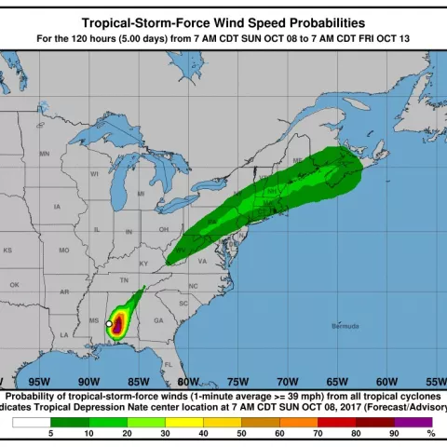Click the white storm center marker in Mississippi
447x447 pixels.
click(109, 323)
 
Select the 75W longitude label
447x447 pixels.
click(237, 382)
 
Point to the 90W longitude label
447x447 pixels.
click(88, 382)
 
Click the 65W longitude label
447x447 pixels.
click(337, 382)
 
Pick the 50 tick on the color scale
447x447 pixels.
click(241, 434)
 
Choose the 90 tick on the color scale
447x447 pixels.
click(393, 434)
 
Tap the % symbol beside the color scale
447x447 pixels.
click(430, 434)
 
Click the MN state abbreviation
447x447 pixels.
click(44, 153)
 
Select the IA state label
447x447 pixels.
click(58, 206)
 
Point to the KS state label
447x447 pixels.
click(7, 251)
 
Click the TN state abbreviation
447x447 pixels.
click(124, 279)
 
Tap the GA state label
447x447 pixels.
click(158, 320)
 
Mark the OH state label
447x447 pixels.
click(163, 228)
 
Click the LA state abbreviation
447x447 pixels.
click(64, 334)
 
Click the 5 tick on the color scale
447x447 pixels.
click(51, 434)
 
